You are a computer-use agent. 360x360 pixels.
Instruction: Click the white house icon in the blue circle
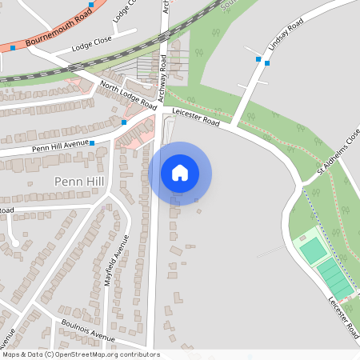coord(180,173)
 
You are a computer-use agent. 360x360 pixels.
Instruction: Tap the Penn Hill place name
coord(78,182)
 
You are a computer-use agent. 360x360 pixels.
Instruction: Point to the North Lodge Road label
coord(128,95)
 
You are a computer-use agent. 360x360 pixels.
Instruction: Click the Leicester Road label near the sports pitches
coord(342,316)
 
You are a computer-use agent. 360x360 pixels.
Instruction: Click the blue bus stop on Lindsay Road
coord(258,59)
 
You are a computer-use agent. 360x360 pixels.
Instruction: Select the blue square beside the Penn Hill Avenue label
coord(92,144)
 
